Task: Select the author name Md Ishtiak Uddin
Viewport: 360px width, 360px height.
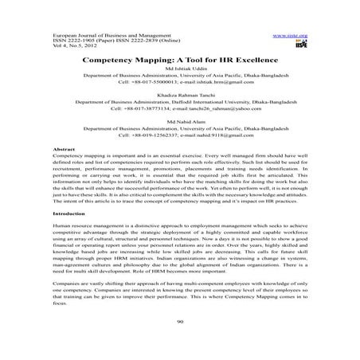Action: (179, 73)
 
